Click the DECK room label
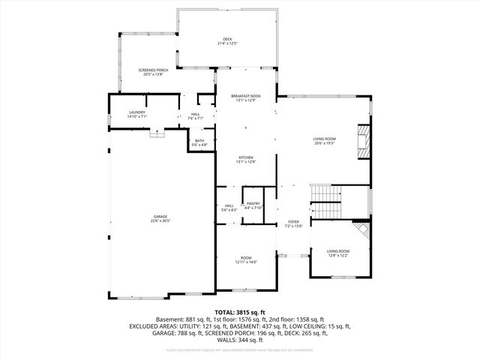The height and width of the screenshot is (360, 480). pyautogui.click(x=227, y=39)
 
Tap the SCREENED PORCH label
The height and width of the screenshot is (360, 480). pyautogui.click(x=151, y=70)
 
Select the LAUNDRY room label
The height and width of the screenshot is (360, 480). pyautogui.click(x=137, y=112)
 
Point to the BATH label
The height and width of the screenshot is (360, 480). pyautogui.click(x=199, y=140)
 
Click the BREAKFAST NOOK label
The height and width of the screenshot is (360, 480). pyautogui.click(x=246, y=96)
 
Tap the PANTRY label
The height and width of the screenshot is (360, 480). pyautogui.click(x=253, y=203)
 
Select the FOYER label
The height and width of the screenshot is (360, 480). pyautogui.click(x=293, y=222)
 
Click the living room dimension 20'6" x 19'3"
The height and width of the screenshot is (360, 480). pyautogui.click(x=324, y=143)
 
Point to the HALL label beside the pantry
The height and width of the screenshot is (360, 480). pyautogui.click(x=229, y=205)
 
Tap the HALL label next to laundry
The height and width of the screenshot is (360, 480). pyautogui.click(x=195, y=114)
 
